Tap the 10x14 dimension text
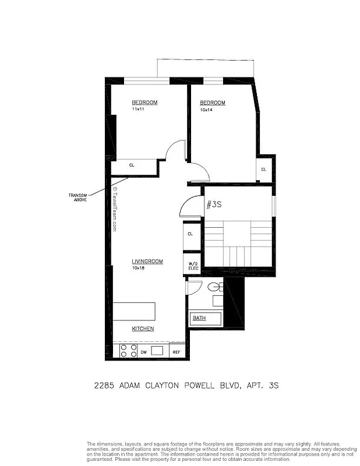[x=205, y=110]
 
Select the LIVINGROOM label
[x=147, y=262]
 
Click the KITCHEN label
[x=143, y=329]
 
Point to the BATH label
[x=199, y=318]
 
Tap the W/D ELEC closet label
[x=192, y=266]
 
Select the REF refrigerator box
[x=176, y=352]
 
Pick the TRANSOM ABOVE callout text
[x=77, y=197]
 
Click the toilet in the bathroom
[x=213, y=287]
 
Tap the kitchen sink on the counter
[x=157, y=351]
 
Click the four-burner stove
[x=128, y=351]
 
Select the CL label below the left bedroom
[x=132, y=165]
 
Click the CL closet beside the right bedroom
[x=263, y=170]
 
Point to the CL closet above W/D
[x=190, y=234]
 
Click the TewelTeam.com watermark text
[x=115, y=210]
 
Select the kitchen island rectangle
[x=134, y=312]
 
